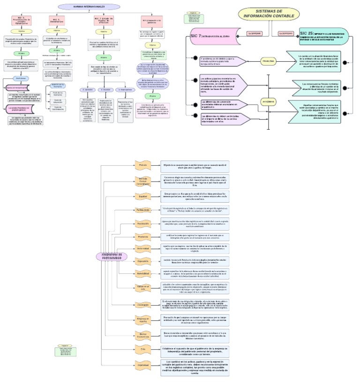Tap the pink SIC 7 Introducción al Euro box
216,36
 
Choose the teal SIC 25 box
323,36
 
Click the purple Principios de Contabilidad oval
112,256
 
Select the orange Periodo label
143,165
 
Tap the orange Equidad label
143,196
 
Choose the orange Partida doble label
143,210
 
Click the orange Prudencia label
143,237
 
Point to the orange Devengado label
143,304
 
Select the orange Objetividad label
143,365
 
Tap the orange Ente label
143,349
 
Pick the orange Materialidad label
143,272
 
